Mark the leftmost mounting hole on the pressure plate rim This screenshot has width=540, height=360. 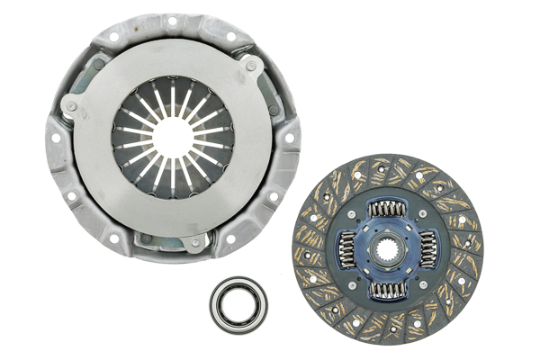(x=56, y=140)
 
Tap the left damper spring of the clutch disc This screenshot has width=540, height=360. (x=346, y=249)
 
